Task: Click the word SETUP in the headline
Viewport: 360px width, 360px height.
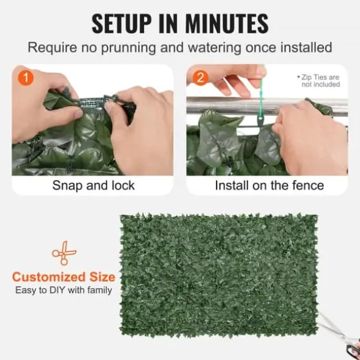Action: tap(122, 24)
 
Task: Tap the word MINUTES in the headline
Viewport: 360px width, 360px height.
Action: tap(227, 24)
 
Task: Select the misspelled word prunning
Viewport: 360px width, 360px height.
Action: tap(128, 48)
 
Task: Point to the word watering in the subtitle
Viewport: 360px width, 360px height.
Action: tap(214, 48)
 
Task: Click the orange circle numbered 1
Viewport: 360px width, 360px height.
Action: tap(25, 78)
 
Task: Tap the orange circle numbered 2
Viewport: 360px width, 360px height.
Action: tap(200, 78)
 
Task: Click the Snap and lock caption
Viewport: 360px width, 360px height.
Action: tap(94, 186)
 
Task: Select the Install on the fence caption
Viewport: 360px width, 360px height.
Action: tap(269, 186)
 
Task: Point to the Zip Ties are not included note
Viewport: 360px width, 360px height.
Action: tap(319, 81)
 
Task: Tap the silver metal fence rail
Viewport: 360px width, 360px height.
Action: tap(266, 106)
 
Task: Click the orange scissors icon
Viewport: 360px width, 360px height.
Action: tap(64, 253)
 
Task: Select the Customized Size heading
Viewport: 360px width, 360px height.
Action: tap(63, 277)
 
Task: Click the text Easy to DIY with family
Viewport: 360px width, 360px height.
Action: tap(63, 290)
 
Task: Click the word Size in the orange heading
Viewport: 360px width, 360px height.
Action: tap(102, 277)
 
